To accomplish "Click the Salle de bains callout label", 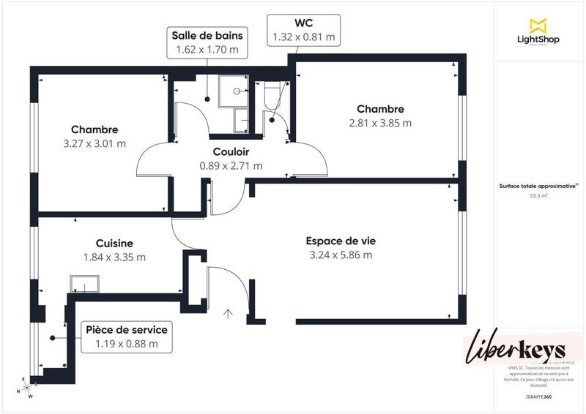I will pos(207,35).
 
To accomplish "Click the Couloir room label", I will pos(231,152).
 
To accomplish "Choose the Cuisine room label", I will pos(114,243).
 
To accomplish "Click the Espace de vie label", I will pos(341,241).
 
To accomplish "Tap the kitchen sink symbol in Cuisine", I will pos(84,285).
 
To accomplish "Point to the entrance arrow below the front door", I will pos(228,315).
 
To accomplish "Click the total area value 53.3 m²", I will pos(539,196).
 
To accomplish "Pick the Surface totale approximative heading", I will pos(539,186).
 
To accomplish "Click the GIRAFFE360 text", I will pos(539,396).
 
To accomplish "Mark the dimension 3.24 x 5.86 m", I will pos(341,255).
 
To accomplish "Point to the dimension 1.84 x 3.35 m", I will pos(114,257).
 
